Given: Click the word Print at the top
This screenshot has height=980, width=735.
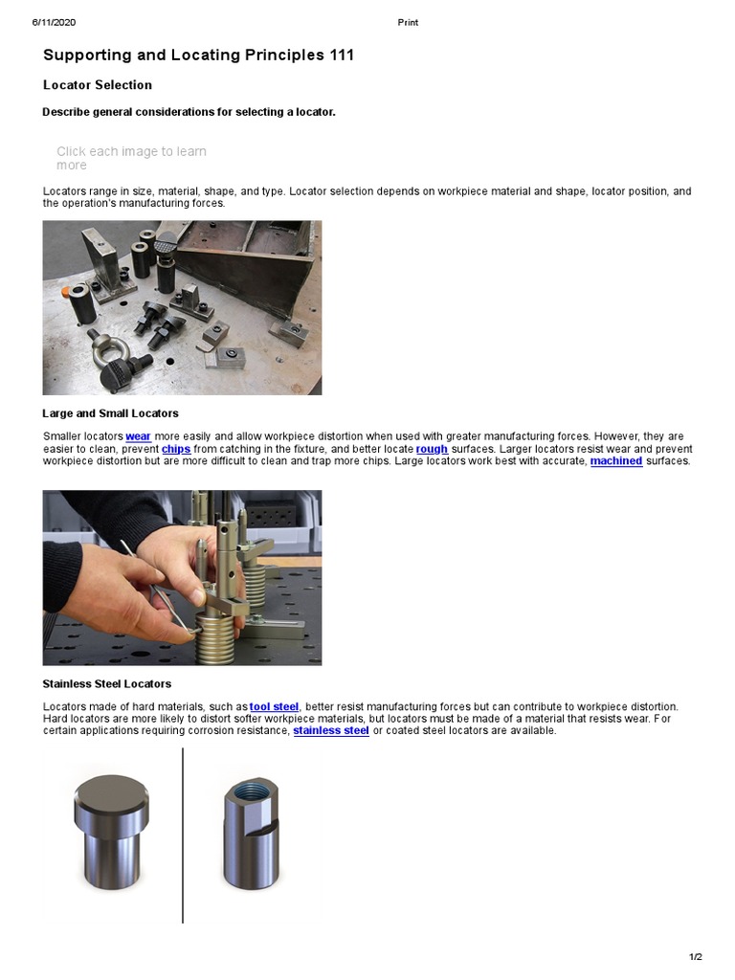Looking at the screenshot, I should pyautogui.click(x=408, y=22).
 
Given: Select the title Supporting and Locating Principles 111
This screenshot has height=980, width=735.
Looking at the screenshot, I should pyautogui.click(x=198, y=56).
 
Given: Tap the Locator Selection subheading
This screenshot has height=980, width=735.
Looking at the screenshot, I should pyautogui.click(x=98, y=85).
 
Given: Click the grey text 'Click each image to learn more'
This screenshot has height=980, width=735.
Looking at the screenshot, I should pyautogui.click(x=131, y=158).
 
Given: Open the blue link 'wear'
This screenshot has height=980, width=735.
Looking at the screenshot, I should pyautogui.click(x=138, y=436).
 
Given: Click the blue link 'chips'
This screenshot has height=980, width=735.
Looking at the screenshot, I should pyautogui.click(x=176, y=449).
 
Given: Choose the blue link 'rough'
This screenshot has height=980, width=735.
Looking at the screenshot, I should pyautogui.click(x=432, y=449).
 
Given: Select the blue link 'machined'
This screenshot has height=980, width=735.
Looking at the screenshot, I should pyautogui.click(x=616, y=461).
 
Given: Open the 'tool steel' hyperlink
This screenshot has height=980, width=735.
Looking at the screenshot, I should pyautogui.click(x=274, y=706).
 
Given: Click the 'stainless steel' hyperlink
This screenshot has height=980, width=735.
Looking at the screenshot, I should pyautogui.click(x=331, y=731).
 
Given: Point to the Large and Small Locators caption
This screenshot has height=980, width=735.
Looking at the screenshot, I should pyautogui.click(x=110, y=413).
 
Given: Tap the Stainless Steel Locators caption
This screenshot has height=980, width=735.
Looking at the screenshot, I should pyautogui.click(x=107, y=684).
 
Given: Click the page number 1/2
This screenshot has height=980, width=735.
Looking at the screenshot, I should pyautogui.click(x=696, y=957).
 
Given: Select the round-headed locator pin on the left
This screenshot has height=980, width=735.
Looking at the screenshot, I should pyautogui.click(x=111, y=830).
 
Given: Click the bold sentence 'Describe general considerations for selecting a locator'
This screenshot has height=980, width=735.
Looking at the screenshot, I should pyautogui.click(x=189, y=112).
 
